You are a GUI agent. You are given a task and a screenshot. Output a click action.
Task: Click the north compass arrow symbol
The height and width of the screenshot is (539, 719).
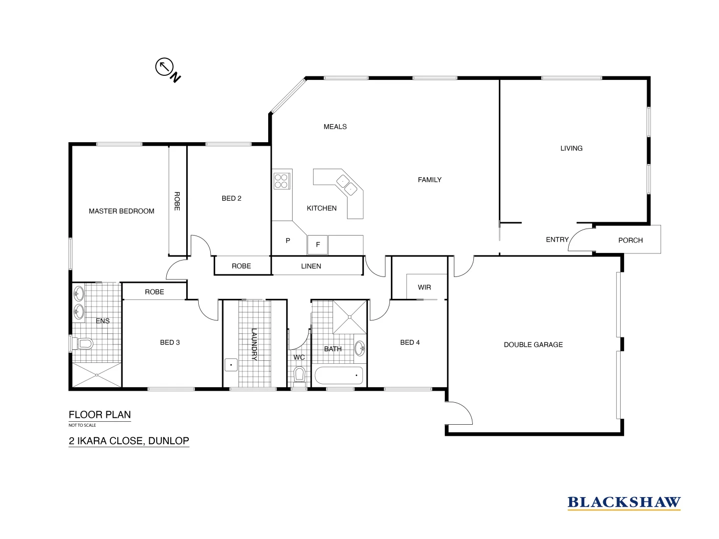click(x=164, y=66)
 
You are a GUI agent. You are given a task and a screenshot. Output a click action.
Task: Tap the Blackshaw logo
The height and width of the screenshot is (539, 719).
click(x=624, y=503)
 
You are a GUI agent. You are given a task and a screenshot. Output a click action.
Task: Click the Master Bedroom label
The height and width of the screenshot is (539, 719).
click(x=121, y=211)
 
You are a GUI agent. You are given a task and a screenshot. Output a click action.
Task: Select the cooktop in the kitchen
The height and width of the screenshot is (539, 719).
click(x=282, y=180)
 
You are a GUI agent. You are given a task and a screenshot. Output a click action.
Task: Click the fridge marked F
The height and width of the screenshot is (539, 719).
click(x=318, y=245)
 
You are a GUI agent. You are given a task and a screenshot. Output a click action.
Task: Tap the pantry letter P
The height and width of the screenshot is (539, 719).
click(x=288, y=241)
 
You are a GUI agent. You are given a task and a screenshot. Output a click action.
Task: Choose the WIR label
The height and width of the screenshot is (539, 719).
click(x=424, y=287)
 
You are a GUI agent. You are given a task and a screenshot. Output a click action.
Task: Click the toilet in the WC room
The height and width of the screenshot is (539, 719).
click(x=300, y=374)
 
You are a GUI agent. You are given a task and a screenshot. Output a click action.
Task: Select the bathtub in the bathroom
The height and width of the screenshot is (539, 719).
click(x=338, y=375)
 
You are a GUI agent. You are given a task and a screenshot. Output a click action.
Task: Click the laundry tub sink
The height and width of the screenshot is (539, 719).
click(x=231, y=364)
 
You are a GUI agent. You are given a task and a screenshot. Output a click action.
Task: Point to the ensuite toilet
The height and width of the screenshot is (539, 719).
click(x=84, y=343)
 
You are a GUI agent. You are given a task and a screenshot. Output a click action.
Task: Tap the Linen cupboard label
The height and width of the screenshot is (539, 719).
click(x=311, y=266)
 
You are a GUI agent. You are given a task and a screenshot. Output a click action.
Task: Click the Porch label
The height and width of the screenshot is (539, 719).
click(x=630, y=240)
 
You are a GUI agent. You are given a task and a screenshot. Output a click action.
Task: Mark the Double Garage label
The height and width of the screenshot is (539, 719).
click(x=533, y=344)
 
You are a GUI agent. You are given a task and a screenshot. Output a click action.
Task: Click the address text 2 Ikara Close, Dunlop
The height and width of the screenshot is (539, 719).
click(x=129, y=441)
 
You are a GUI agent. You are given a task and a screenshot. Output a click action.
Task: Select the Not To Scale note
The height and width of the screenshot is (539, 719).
click(x=82, y=425)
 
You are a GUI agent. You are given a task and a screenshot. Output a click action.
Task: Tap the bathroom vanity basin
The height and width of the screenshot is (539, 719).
click(x=359, y=348)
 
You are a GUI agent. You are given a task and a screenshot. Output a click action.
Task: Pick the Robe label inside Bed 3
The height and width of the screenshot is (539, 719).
click(x=154, y=292)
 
